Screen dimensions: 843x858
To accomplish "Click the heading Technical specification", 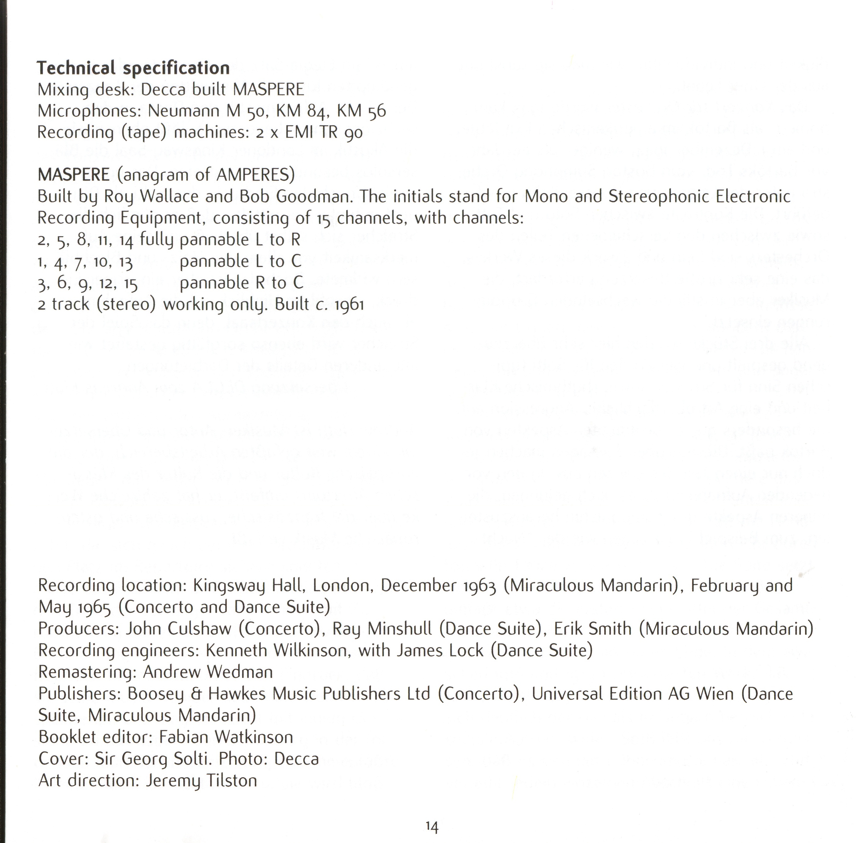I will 133,68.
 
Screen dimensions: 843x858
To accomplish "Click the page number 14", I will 432,826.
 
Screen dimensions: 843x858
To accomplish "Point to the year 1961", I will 349,305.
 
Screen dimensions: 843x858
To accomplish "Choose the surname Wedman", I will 240,672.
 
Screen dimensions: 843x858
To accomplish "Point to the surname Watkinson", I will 254,737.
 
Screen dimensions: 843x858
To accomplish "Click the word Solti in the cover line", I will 192,759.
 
